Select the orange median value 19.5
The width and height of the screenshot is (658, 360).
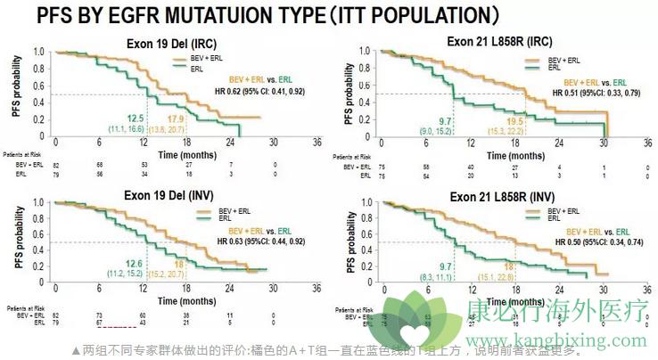515,121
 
